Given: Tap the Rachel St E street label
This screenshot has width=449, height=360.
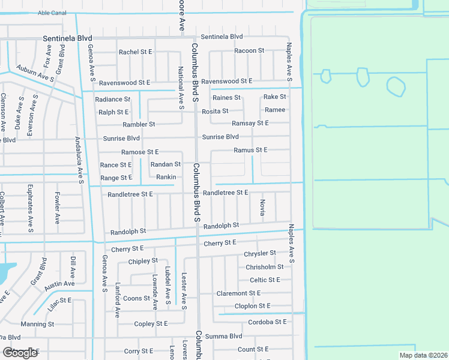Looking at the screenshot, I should pos(136,52).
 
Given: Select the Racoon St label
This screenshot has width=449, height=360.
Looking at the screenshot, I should pos(249,51).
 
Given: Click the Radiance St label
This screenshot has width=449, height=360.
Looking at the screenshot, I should pos(112,99).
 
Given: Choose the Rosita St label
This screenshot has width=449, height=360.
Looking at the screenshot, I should pos(215,111).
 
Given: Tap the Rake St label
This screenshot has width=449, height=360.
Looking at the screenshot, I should pos(275,97).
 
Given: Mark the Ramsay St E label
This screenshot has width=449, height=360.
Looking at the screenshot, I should pos(250,123).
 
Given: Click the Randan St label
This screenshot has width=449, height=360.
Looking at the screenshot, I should pos(166,164).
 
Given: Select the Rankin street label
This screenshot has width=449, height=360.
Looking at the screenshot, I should pos(166,177).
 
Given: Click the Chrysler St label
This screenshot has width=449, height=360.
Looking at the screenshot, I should pos(260,254).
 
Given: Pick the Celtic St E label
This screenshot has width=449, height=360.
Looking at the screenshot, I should pos(265,280).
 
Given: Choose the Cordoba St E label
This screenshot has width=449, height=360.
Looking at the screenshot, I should pos(268,322).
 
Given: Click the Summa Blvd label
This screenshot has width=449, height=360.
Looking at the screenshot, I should pos(223,337).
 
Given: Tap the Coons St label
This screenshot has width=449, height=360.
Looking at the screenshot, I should pos(137,298).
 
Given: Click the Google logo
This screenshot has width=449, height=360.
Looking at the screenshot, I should pos(20,353).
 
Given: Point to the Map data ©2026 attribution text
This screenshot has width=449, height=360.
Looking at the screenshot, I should pos(423,355).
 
